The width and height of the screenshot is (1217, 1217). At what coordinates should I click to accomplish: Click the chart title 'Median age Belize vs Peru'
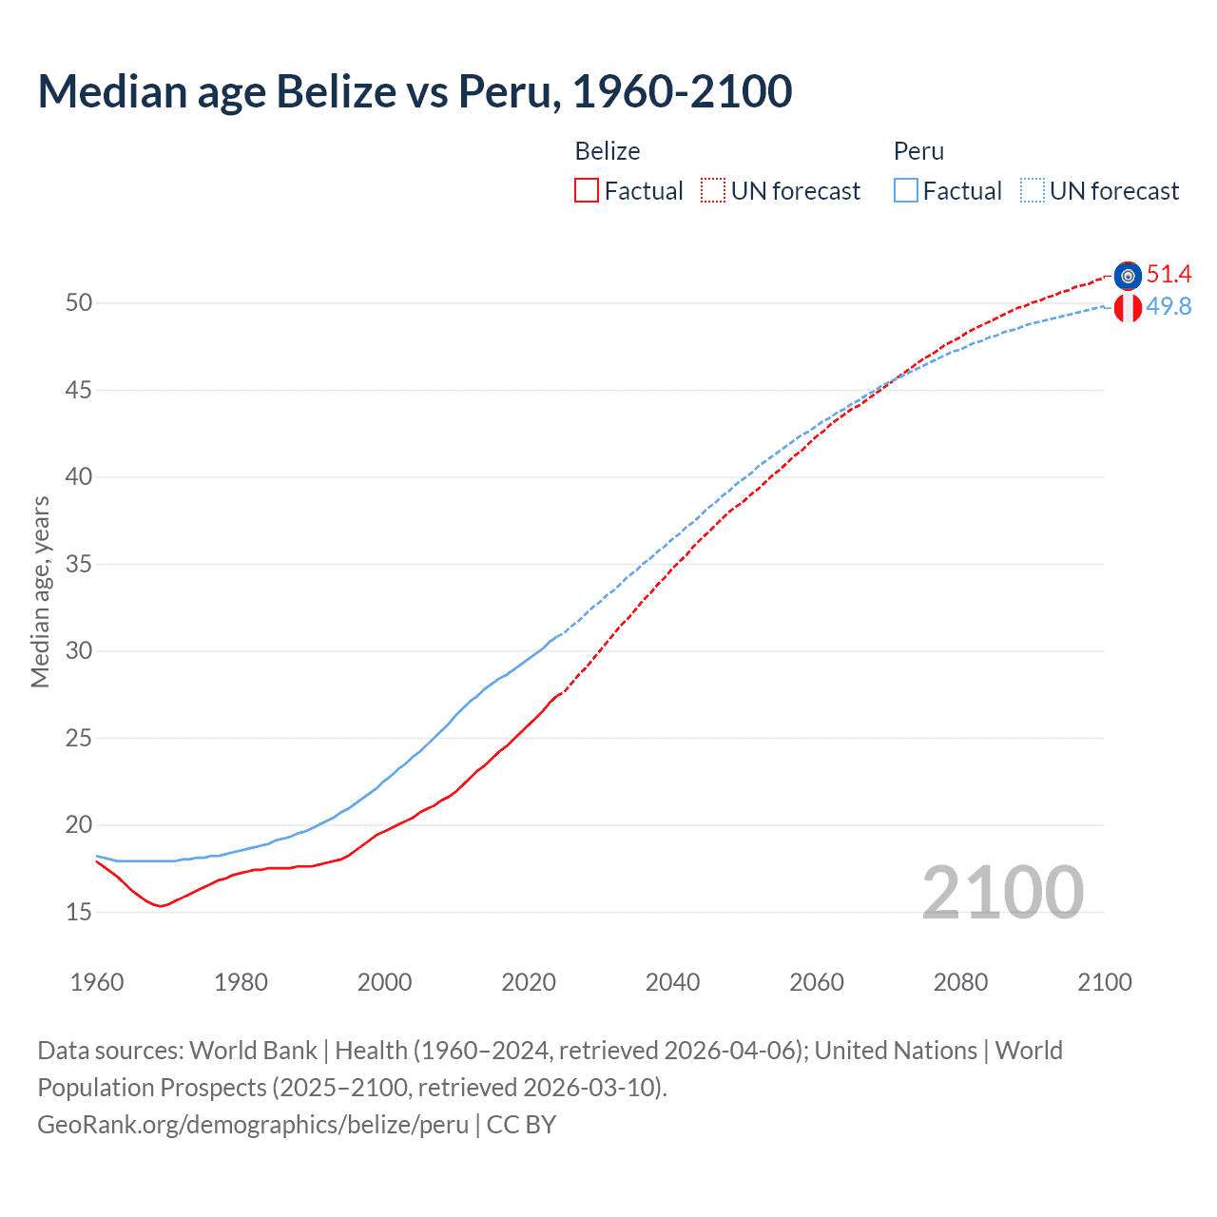coord(415,91)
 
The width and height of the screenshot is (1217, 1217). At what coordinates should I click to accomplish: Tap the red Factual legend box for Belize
coord(587,191)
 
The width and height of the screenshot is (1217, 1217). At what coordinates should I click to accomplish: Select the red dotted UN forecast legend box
coord(713,191)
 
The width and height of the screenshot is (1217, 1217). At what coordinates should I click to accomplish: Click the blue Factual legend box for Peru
coord(906,191)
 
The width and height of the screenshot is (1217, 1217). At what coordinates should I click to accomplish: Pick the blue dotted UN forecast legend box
coord(1033,191)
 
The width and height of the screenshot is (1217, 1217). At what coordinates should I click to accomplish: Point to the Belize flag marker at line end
coord(1128,276)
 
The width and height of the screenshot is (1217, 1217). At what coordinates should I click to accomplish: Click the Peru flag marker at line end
coord(1128,308)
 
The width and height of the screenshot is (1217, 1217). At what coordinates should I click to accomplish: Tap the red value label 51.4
coord(1169,275)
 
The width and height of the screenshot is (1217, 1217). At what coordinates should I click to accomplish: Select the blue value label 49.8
coord(1169,306)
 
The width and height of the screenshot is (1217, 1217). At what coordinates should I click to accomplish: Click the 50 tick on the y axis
coord(79,303)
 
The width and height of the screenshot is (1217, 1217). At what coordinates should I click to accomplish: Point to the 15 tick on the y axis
coord(79,912)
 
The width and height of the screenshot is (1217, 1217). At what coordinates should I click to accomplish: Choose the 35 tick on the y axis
coord(79,564)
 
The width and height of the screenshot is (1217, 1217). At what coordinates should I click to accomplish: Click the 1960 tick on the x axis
coord(97,982)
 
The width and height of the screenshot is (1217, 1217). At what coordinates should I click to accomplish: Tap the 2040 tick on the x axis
coord(672,982)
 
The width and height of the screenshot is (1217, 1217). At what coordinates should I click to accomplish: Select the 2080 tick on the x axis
coord(960,982)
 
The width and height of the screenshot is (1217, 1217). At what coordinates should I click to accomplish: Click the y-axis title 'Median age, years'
coord(40,591)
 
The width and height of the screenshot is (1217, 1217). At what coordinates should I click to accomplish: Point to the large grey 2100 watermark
coord(1002,892)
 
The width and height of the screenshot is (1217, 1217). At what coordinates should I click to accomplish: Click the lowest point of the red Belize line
coord(161,906)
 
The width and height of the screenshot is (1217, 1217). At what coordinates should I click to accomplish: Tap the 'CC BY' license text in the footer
coord(521,1125)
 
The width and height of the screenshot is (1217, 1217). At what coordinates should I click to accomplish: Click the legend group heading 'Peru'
coord(918,151)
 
